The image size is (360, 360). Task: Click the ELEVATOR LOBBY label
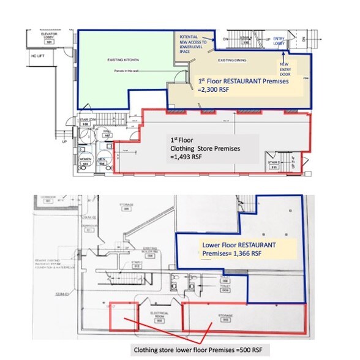tap(50, 37)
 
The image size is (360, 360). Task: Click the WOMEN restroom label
tap(86, 163)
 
